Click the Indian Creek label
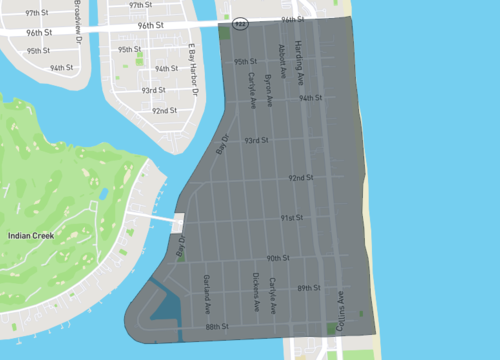(x=31, y=235)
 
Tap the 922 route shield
(x=240, y=21)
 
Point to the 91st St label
(x=291, y=217)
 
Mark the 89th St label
(x=308, y=288)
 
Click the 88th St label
(x=217, y=327)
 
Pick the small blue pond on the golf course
(x=103, y=194)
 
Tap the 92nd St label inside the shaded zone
(x=301, y=178)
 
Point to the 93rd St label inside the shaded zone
(x=257, y=140)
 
